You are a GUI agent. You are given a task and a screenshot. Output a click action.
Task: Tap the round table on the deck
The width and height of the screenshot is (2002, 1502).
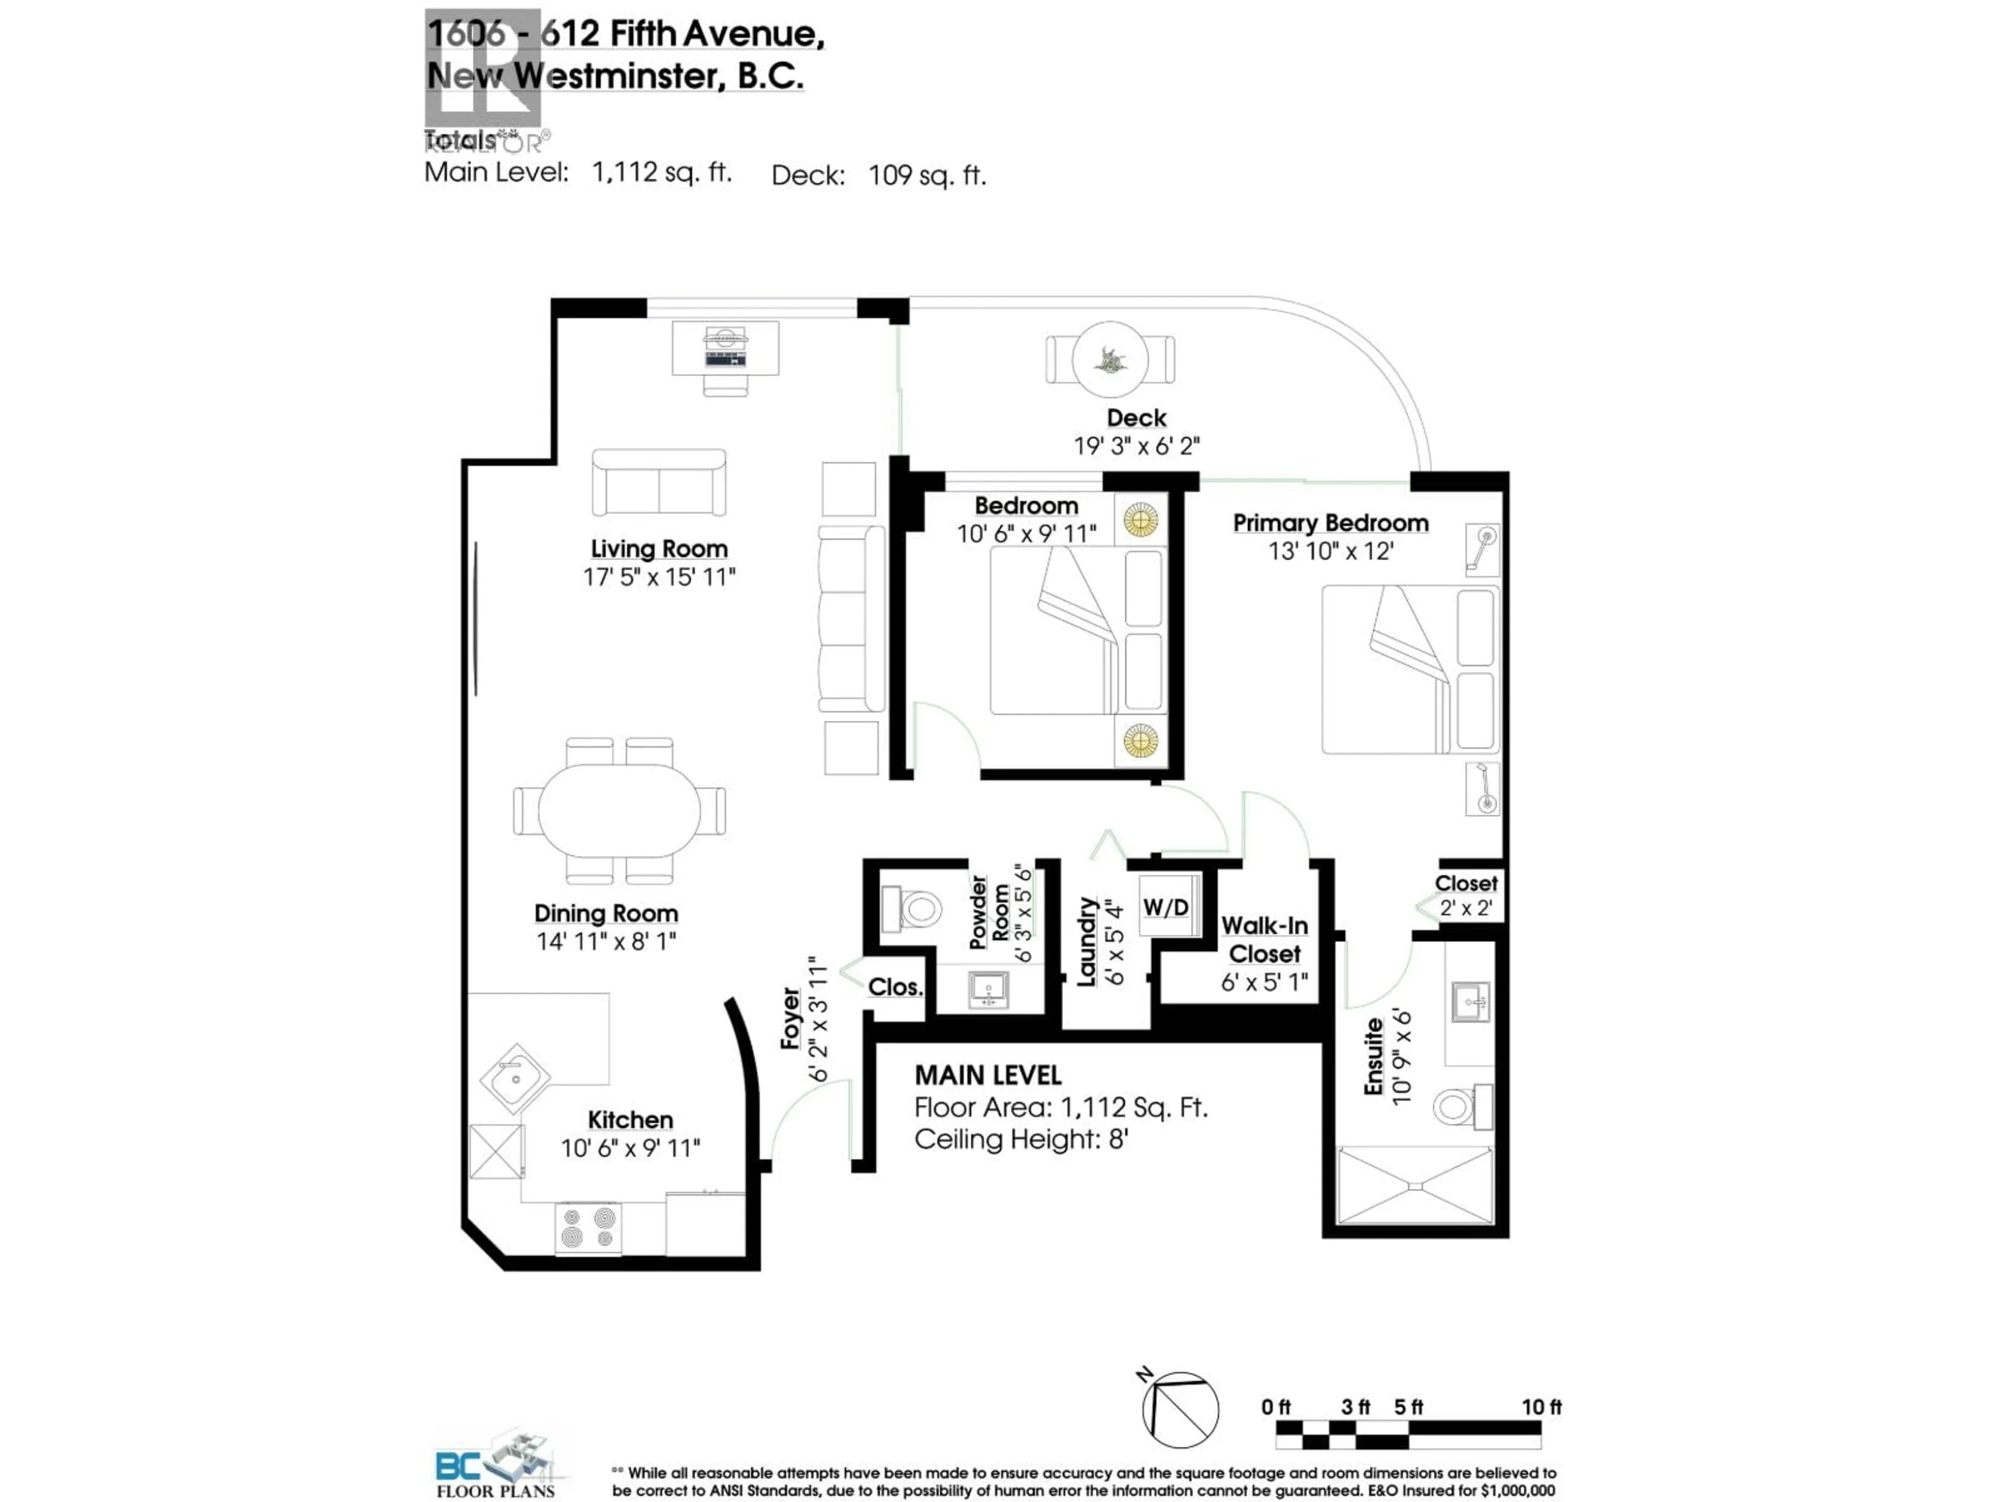pyautogui.click(x=1109, y=359)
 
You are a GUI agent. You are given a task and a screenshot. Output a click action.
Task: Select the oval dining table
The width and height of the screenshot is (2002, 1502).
pyautogui.click(x=619, y=810)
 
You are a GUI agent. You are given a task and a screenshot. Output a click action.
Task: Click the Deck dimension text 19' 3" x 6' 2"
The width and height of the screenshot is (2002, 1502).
pyautogui.click(x=1136, y=446)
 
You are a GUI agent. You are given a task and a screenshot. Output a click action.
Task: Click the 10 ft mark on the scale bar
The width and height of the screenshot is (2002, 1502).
pyautogui.click(x=1541, y=1407)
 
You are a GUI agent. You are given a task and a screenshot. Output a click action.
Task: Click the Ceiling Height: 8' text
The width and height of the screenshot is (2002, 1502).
pyautogui.click(x=1021, y=1139)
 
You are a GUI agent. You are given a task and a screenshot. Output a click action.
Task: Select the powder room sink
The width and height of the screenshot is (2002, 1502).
pyautogui.click(x=988, y=989)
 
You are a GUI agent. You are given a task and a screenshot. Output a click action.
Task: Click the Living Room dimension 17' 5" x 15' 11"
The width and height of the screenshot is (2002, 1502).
pyautogui.click(x=659, y=577)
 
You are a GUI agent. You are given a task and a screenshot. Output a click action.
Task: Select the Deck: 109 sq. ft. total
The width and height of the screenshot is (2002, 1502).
pyautogui.click(x=878, y=175)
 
